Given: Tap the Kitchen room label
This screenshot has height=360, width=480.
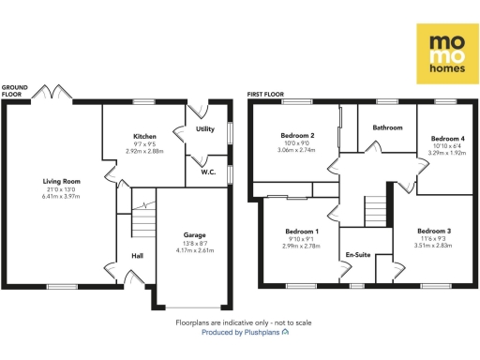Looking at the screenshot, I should (144, 137).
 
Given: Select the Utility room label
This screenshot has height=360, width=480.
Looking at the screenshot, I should (205, 128).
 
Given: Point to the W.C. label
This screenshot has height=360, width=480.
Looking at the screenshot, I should (208, 172).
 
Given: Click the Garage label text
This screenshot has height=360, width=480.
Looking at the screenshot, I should (194, 234).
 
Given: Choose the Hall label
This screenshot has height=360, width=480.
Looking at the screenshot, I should (137, 254).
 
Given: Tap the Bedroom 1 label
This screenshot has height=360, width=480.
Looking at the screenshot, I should (301, 231).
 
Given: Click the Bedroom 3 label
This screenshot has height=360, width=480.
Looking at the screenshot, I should (434, 231).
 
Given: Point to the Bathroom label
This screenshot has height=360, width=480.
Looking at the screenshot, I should (387, 127).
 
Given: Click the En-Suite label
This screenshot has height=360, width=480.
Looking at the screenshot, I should (357, 255).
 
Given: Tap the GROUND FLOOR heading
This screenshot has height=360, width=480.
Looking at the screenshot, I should (15, 91).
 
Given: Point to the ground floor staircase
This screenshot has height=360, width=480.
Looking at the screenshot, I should (142, 223).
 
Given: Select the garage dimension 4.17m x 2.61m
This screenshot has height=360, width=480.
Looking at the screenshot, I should (194, 251).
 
